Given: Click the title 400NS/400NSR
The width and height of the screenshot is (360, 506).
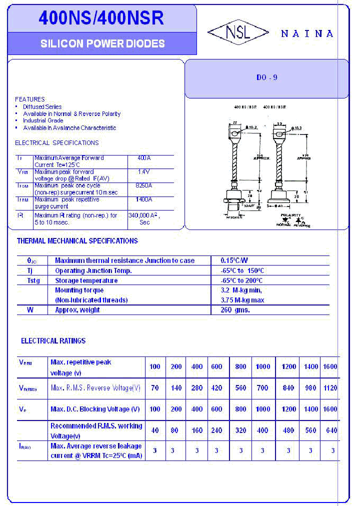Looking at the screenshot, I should (101, 18).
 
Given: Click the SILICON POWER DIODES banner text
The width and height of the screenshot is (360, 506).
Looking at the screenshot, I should (102, 44).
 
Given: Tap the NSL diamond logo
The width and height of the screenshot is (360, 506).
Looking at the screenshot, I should (238, 33).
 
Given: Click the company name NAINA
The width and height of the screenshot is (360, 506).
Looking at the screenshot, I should (307, 33).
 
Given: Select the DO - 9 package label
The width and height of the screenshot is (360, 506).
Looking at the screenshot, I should (266, 77).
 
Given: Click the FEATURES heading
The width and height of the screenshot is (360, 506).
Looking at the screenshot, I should (29, 99).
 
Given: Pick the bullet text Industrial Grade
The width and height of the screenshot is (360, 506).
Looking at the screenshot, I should (43, 120).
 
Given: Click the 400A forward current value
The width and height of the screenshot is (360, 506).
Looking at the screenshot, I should (144, 158).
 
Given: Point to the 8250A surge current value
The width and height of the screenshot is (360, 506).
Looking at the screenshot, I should (144, 185).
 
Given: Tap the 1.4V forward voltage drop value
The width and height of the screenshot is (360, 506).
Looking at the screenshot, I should (144, 171).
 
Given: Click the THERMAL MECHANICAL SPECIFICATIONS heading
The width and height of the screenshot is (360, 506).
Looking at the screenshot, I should (77, 241).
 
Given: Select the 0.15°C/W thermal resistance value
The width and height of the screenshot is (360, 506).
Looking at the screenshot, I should (234, 260).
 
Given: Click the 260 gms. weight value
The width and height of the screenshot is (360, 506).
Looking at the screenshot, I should (235, 310).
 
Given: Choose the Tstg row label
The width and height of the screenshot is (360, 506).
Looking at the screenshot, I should (33, 280).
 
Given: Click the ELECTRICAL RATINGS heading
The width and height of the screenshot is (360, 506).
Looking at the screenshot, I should (53, 341).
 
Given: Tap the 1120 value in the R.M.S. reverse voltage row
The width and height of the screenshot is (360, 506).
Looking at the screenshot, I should (330, 388).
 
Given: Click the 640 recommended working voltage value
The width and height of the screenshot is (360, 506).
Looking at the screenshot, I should (331, 430).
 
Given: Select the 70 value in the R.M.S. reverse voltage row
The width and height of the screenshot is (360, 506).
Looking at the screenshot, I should (155, 388).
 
